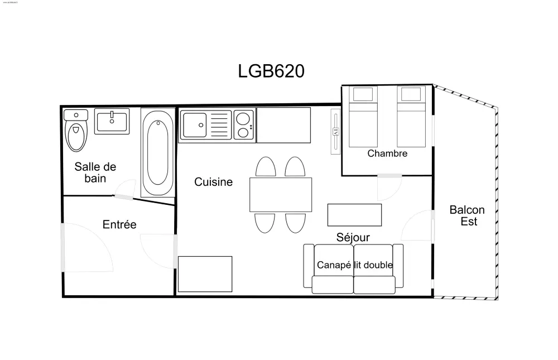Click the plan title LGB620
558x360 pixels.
[271, 71]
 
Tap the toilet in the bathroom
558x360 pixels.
[76, 132]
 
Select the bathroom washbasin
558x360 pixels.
[112, 121]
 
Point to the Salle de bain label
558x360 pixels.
[95, 172]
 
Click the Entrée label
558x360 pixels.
[119, 224]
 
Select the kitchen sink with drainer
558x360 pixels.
[205, 125]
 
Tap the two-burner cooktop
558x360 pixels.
[243, 125]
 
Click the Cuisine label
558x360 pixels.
[213, 182]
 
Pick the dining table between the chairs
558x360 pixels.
[280, 194]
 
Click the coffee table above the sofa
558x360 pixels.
[354, 214]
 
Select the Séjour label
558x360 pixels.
[353, 238]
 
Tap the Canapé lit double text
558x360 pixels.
[354, 265]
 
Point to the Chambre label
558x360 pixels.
[387, 153]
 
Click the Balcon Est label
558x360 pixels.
[467, 215]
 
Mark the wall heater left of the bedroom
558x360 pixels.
[335, 132]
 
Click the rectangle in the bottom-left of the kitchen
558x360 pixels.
[205, 273]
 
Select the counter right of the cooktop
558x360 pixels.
[283, 124]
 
